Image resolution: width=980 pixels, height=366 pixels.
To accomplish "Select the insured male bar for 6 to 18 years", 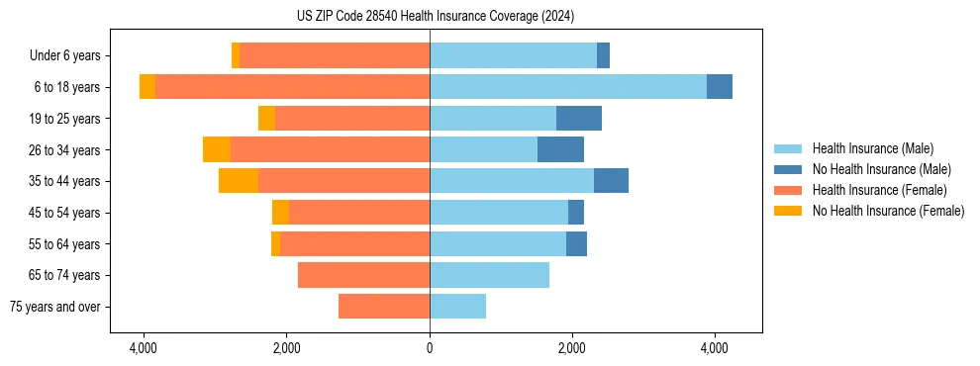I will click(x=567, y=87).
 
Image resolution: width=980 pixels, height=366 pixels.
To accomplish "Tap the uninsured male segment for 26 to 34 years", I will click(x=560, y=149).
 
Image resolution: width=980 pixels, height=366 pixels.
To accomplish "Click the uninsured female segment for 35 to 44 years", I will click(x=239, y=181).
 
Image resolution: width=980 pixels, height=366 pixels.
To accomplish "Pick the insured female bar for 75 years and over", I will click(x=383, y=307).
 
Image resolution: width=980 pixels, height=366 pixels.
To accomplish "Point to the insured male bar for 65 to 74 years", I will click(x=489, y=275).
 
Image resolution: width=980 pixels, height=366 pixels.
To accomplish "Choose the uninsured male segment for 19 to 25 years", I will click(x=579, y=119).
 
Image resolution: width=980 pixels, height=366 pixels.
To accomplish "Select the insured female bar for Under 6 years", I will click(x=335, y=55).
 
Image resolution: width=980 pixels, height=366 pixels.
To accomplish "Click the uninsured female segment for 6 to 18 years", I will click(x=147, y=87).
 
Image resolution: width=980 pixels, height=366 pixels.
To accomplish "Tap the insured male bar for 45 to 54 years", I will click(x=499, y=213).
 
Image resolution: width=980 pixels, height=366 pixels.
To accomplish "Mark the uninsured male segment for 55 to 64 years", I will click(x=576, y=243).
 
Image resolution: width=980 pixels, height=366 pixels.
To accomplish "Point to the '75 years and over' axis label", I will click(x=55, y=308).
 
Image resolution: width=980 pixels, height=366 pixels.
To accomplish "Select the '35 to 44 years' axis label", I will click(x=64, y=182).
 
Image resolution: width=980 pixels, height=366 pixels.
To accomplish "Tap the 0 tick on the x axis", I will click(x=430, y=348).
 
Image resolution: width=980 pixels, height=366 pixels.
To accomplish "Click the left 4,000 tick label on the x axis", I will click(x=144, y=348).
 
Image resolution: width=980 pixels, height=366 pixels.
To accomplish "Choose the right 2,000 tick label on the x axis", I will click(x=571, y=348).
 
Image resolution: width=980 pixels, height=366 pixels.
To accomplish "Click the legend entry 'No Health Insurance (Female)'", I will click(x=887, y=211).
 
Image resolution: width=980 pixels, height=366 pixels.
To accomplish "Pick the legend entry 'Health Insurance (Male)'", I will click(x=872, y=148).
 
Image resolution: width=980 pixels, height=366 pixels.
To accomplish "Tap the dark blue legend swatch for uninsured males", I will click(x=789, y=169).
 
